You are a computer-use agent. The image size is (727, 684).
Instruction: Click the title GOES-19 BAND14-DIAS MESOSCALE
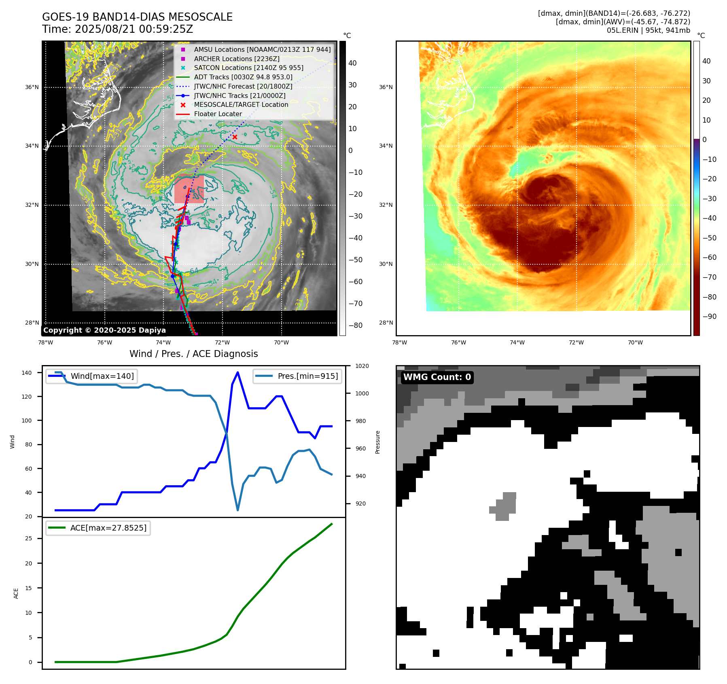[x=137, y=17]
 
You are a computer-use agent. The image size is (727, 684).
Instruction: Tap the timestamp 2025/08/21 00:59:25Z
[x=134, y=30]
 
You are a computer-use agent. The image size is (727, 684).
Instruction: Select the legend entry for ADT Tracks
[x=243, y=77]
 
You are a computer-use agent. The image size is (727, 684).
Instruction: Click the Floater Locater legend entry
[x=218, y=114]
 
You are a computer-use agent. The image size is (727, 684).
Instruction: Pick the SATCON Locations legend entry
[x=248, y=68]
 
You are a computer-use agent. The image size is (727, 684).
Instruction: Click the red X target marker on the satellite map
[x=235, y=137]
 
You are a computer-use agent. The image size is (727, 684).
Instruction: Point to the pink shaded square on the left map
[x=189, y=189]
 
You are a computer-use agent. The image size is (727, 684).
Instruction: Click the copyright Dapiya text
[x=104, y=330]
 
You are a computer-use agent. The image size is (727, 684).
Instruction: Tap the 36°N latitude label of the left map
[x=32, y=87]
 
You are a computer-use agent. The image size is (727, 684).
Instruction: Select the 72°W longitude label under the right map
[x=576, y=343]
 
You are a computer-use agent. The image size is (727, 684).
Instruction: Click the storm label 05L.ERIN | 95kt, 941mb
[x=648, y=30]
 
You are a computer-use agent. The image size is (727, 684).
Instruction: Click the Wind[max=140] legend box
[x=91, y=376]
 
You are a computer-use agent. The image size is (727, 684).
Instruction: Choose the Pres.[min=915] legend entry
[x=297, y=376]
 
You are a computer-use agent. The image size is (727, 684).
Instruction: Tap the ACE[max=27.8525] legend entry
[x=98, y=528]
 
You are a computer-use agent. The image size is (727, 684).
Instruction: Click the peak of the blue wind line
[x=237, y=372]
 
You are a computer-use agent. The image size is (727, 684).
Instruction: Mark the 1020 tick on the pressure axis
[x=362, y=366]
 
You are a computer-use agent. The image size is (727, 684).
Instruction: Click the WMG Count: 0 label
[x=437, y=377]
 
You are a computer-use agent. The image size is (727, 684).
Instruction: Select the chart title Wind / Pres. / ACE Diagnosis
[x=193, y=354]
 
